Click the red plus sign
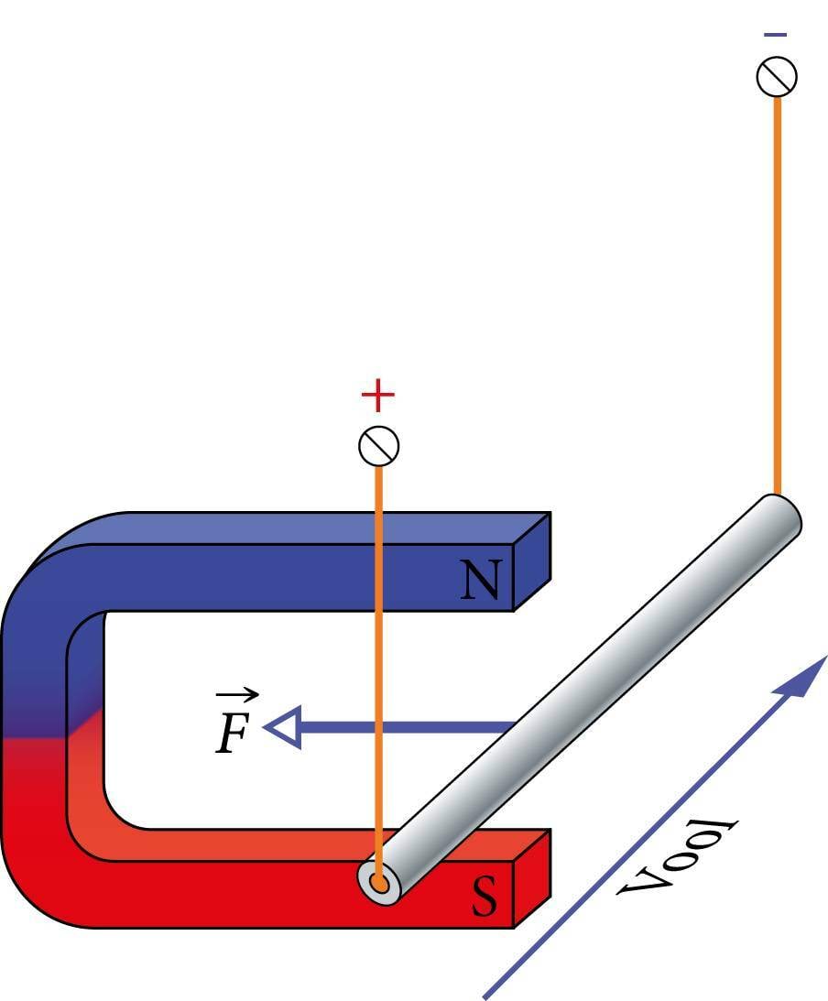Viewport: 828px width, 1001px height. click(x=377, y=396)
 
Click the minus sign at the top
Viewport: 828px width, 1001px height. click(x=775, y=35)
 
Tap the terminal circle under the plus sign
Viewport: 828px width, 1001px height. click(x=378, y=446)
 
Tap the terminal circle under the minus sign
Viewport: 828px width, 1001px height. click(x=777, y=77)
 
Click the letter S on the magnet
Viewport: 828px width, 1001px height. click(x=485, y=897)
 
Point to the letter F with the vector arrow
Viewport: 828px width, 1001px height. click(x=233, y=733)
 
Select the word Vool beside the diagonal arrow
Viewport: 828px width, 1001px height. click(x=679, y=857)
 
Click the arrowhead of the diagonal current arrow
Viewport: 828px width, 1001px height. click(x=804, y=677)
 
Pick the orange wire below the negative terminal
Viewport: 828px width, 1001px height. click(x=777, y=293)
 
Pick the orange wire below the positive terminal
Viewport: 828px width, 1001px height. click(x=377, y=641)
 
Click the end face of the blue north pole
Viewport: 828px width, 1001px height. click(x=531, y=561)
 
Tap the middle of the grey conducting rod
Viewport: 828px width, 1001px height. click(x=586, y=696)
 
